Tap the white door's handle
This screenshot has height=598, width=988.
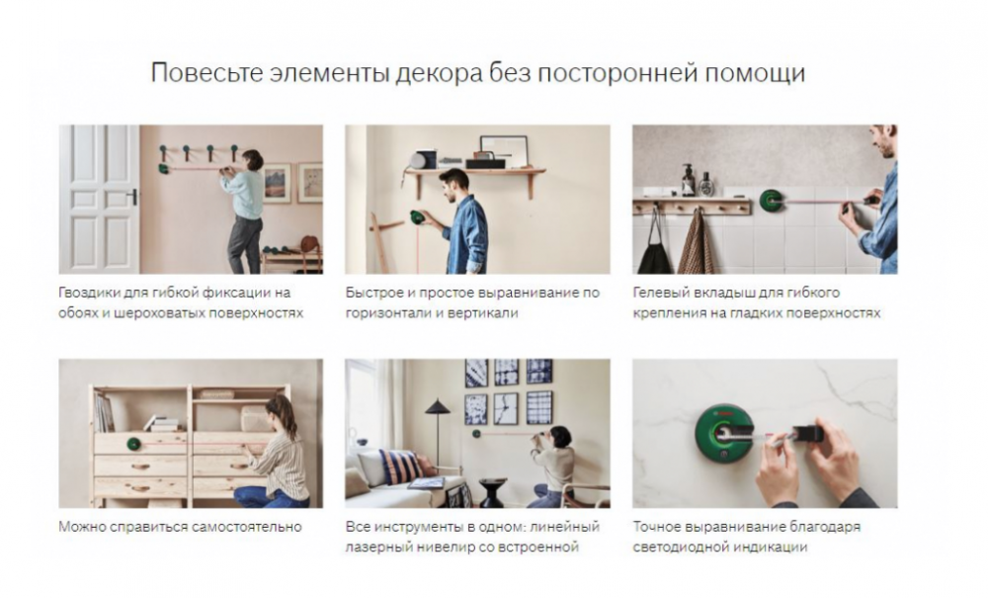coord(133,197)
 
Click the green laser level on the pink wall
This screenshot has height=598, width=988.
coord(164,168)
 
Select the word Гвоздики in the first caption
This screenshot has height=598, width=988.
coord(88,293)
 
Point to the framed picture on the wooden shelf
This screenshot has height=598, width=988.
coord(503,148)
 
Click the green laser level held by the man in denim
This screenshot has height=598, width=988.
coord(417,218)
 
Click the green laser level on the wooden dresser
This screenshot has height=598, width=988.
coord(133,443)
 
